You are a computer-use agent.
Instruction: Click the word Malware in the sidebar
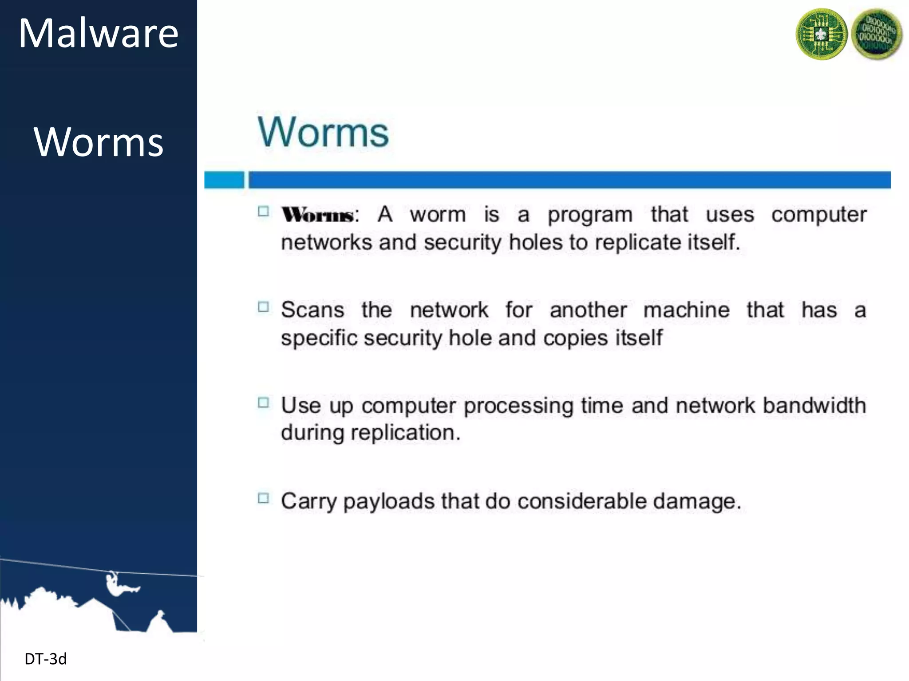click(98, 34)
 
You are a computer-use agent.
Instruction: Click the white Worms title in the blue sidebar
click(99, 142)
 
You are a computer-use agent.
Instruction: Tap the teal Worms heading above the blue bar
click(323, 132)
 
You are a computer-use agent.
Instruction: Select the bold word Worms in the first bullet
click(318, 215)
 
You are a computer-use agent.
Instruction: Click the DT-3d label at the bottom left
click(46, 659)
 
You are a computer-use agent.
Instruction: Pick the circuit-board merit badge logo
click(822, 34)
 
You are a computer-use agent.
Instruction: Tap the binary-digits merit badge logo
click(877, 34)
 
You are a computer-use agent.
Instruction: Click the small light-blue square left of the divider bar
click(224, 180)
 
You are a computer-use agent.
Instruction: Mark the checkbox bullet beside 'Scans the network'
click(264, 307)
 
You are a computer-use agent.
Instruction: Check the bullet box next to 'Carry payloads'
click(264, 498)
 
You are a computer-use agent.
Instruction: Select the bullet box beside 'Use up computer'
click(264, 403)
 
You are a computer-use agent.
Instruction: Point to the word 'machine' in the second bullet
click(686, 310)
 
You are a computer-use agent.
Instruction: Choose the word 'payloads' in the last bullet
click(389, 502)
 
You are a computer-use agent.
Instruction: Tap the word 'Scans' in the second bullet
click(312, 310)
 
